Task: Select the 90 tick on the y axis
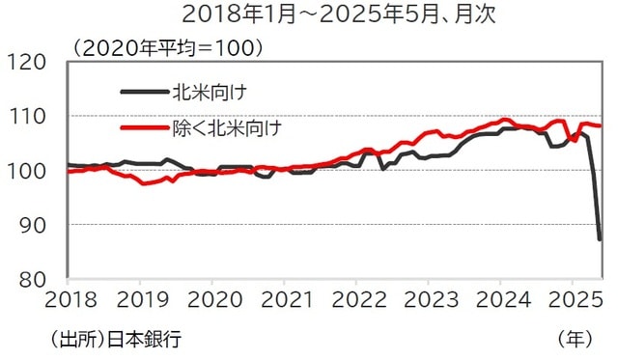coord(37,225)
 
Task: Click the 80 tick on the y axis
coord(37,279)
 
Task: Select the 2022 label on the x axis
coord(356,298)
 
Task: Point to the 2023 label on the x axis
coord(429,298)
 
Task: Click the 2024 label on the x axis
coord(501,298)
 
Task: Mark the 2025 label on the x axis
coord(574,298)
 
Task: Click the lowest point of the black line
coord(600,239)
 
